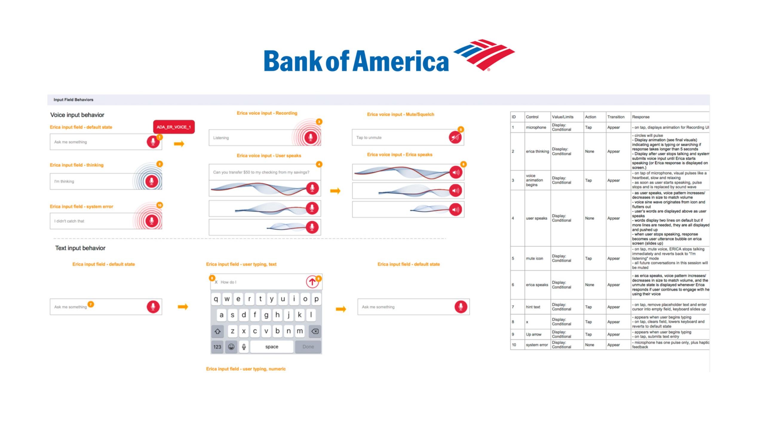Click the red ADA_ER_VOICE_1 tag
(x=174, y=127)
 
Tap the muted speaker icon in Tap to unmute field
(x=455, y=137)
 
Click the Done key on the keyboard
(x=308, y=347)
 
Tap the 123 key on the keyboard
(x=217, y=347)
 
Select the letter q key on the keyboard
(x=216, y=299)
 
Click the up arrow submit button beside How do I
(x=312, y=281)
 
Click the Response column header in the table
(x=640, y=117)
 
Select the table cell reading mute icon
(x=534, y=258)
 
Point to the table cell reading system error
(x=537, y=345)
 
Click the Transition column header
(x=616, y=117)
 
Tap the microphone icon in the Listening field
(x=311, y=137)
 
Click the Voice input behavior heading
(x=77, y=115)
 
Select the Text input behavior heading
(x=80, y=248)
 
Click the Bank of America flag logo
(x=484, y=55)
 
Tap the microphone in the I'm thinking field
(x=152, y=181)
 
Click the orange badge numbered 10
(x=159, y=205)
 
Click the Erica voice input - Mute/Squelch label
(x=400, y=114)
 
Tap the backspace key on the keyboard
(x=315, y=331)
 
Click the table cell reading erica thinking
(x=537, y=151)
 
